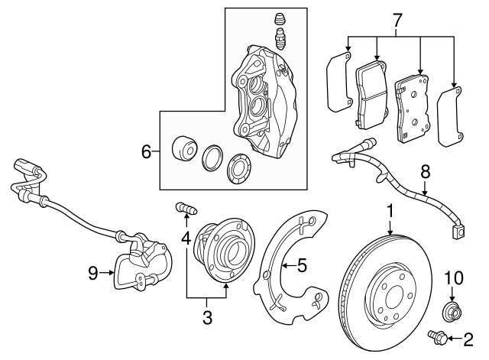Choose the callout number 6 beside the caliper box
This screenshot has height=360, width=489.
click(147, 152)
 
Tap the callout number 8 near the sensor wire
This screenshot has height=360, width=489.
click(426, 172)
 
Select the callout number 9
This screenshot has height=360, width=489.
click(93, 273)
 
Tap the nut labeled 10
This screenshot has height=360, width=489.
click(452, 311)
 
